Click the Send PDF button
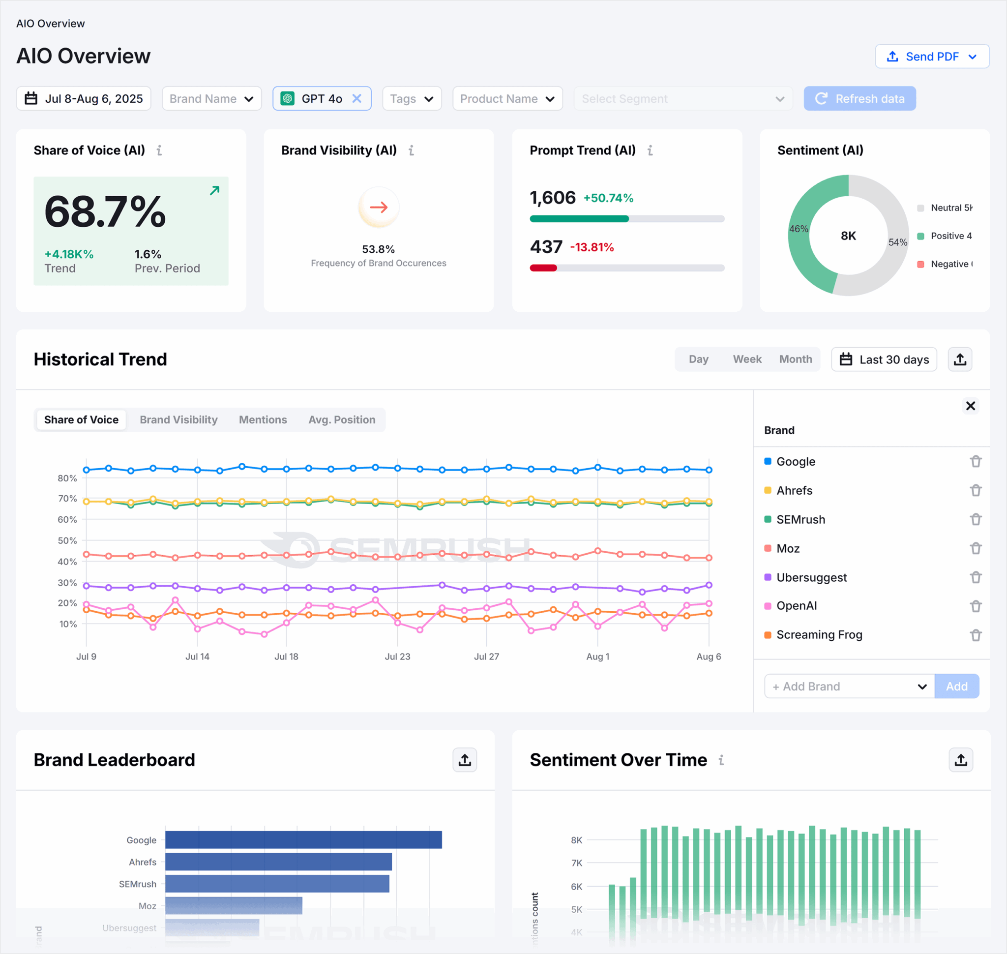(931, 57)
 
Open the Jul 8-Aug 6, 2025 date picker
(84, 99)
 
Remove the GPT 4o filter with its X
(357, 98)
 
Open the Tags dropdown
(412, 99)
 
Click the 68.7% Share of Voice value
(105, 211)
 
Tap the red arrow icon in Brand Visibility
(379, 207)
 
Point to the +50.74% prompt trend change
(608, 198)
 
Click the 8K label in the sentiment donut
(848, 236)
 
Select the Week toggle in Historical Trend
(746, 359)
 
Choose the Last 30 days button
(884, 359)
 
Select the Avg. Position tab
(342, 419)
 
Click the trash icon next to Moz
(975, 548)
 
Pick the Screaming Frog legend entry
(819, 635)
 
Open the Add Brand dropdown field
(849, 686)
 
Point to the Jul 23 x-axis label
(397, 656)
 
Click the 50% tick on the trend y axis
(67, 540)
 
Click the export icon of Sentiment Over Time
(960, 760)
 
